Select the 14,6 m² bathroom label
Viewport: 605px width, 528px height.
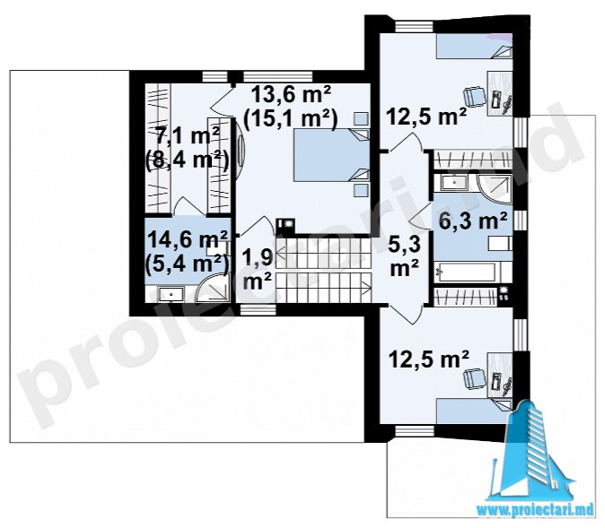pyautogui.click(x=188, y=241)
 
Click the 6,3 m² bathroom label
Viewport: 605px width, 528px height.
pyautogui.click(x=473, y=221)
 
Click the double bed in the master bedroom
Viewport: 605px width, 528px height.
pyautogui.click(x=331, y=155)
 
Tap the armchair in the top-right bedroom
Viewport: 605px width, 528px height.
pyautogui.click(x=474, y=96)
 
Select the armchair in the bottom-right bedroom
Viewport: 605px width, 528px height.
pyautogui.click(x=474, y=377)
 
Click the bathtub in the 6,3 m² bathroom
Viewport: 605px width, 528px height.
pyautogui.click(x=468, y=273)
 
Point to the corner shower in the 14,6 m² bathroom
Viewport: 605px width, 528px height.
pyautogui.click(x=213, y=287)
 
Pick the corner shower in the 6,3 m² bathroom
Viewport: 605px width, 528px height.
pyautogui.click(x=495, y=189)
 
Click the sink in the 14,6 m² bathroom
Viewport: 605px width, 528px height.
pyautogui.click(x=171, y=294)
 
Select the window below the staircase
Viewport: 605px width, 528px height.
pyautogui.click(x=257, y=309)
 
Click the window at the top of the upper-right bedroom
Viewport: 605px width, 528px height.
pyautogui.click(x=414, y=26)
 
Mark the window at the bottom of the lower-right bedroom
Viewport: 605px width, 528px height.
pyautogui.click(x=414, y=430)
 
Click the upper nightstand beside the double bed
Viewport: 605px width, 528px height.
pyautogui.click(x=361, y=118)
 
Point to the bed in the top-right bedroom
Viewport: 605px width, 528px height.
pyautogui.click(x=474, y=46)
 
